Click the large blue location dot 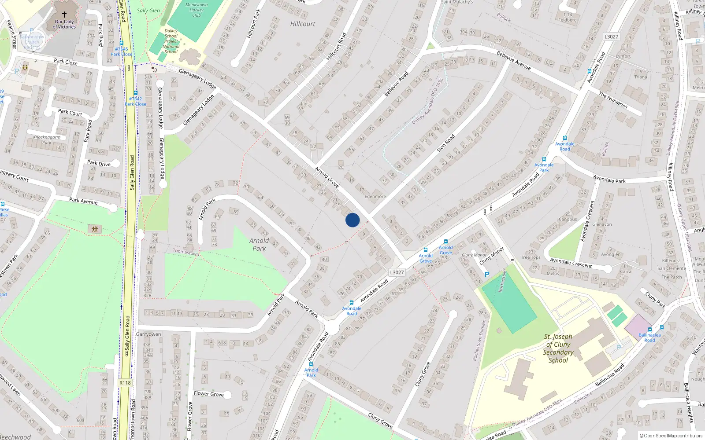point(352,220)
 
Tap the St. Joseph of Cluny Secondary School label point(558,348)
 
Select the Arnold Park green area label point(259,244)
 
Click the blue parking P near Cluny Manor point(487,275)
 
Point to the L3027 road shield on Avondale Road point(397,272)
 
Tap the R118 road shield point(125,383)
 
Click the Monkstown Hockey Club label point(197,10)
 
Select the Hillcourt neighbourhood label point(303,24)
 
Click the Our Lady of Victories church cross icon point(64,14)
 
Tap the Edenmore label point(375,197)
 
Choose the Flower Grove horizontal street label point(209,394)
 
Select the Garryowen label point(148,334)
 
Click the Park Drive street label point(99,164)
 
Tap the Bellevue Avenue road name point(513,60)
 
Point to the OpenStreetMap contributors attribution point(671,436)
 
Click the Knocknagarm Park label point(47,139)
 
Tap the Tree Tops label point(531,257)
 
